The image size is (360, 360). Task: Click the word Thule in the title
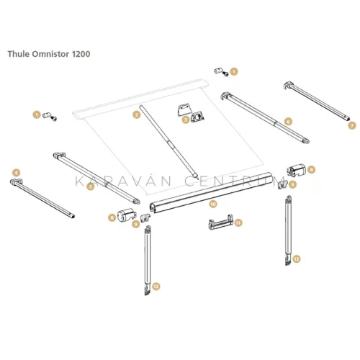point(19,53)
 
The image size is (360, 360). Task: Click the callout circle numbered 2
point(136,114)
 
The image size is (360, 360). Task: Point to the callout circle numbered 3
point(185,121)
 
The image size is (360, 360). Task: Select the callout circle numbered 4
point(16,171)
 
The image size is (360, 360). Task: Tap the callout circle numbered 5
point(90,186)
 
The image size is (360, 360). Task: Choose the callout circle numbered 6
point(287,121)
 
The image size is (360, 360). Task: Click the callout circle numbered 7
point(352,125)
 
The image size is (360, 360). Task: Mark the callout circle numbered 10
point(212,204)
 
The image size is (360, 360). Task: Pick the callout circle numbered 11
point(239,223)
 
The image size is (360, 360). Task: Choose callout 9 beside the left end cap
point(136,224)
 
